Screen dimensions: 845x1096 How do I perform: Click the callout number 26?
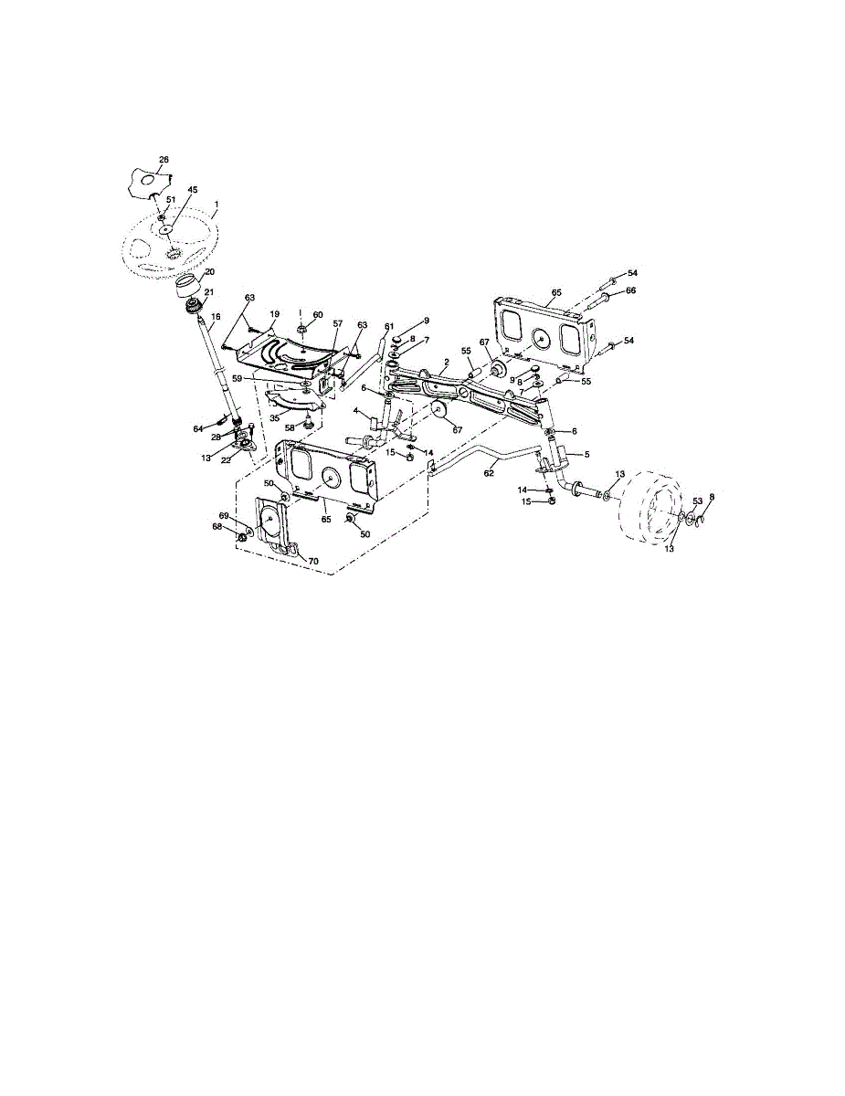(x=164, y=160)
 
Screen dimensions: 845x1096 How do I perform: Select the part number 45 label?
(x=193, y=190)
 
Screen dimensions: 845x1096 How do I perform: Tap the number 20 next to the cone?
(x=209, y=272)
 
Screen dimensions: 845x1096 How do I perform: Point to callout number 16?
(x=216, y=318)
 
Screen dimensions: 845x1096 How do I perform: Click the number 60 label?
(x=318, y=314)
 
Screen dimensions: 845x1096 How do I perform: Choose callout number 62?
(x=490, y=473)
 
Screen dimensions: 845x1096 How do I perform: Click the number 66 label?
(x=629, y=290)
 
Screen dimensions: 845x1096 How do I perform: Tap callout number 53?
(x=697, y=501)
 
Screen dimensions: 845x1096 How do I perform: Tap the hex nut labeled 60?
(x=303, y=327)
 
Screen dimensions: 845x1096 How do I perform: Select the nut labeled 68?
(x=241, y=536)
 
